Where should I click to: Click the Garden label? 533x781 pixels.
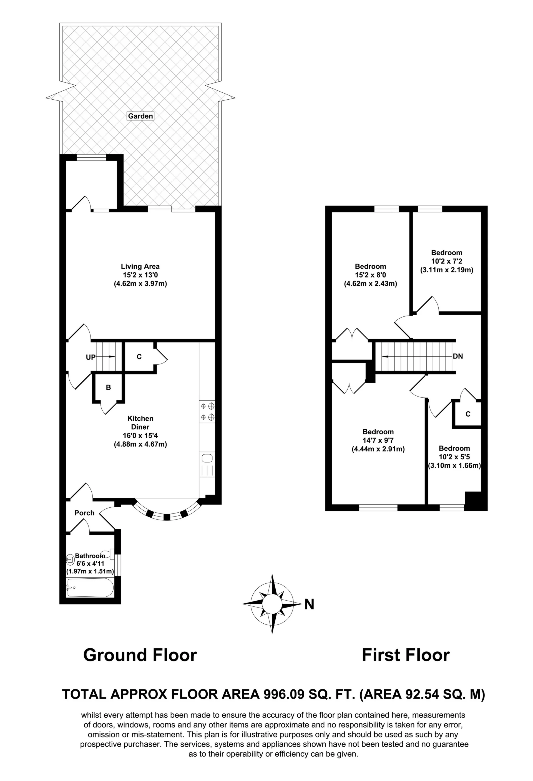click(140, 116)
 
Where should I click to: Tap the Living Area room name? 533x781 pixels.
click(140, 266)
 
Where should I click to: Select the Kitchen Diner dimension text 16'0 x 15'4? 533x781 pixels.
click(140, 435)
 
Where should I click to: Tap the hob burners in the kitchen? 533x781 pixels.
click(207, 412)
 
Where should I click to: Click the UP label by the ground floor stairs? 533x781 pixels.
click(91, 357)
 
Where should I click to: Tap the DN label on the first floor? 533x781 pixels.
click(458, 356)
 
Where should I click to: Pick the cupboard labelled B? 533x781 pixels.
click(109, 387)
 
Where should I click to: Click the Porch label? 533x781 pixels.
click(84, 513)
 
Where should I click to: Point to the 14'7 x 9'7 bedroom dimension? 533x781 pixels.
click(378, 440)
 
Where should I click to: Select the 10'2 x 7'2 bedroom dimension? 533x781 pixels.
click(447, 261)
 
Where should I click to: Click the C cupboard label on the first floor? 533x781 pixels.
click(468, 414)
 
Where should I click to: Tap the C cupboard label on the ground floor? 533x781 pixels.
click(139, 357)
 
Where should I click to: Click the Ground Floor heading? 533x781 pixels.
click(140, 655)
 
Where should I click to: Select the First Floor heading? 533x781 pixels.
click(406, 655)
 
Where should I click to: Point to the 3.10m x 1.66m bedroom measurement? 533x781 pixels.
click(454, 466)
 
